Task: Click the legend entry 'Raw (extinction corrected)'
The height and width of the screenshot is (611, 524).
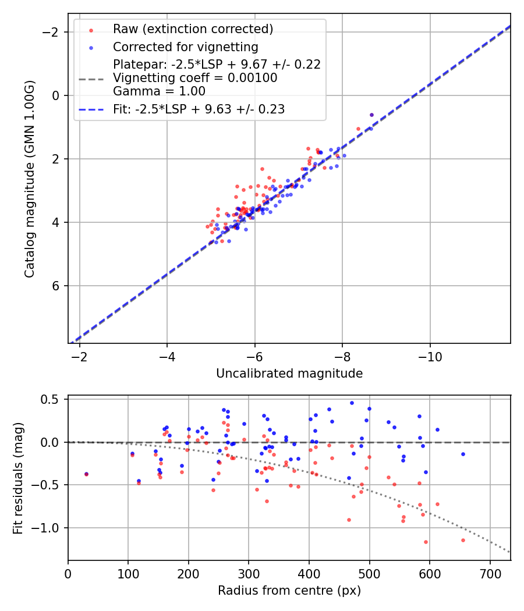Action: point(193,29)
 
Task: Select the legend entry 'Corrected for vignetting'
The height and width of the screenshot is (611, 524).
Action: point(185,47)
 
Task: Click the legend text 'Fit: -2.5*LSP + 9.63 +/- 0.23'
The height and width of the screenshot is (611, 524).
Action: point(199,109)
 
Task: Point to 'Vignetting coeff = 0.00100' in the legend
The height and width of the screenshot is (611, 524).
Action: point(195,78)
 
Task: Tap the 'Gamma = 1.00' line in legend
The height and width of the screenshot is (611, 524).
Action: point(159,91)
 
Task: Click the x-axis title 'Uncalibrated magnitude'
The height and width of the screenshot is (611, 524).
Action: point(289,374)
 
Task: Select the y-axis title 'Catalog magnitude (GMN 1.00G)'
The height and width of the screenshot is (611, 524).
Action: point(30,179)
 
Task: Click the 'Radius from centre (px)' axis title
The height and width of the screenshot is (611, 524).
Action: point(289,591)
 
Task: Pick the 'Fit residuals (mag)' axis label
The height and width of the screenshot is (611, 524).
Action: point(18,478)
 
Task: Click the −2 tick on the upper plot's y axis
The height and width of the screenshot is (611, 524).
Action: point(53,31)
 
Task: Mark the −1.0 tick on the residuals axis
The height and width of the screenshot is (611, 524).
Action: point(48,528)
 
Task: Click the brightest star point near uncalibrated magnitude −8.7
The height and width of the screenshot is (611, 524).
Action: point(371,115)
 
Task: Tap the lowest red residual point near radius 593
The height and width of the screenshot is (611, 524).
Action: point(426,542)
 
